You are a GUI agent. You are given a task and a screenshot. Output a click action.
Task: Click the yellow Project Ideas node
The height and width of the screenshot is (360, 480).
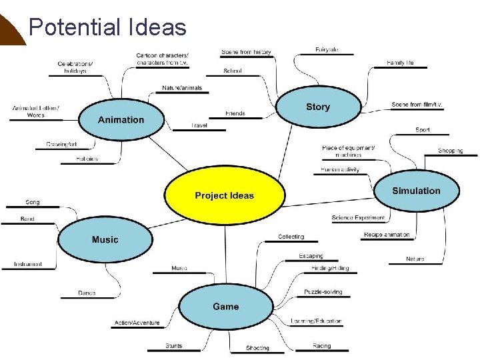pos(224,195)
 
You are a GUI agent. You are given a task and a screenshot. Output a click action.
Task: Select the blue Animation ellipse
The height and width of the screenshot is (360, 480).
pos(121,120)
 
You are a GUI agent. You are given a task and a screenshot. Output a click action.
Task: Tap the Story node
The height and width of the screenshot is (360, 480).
pos(318,107)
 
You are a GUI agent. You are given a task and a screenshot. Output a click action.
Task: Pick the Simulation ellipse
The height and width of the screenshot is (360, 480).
pos(416,191)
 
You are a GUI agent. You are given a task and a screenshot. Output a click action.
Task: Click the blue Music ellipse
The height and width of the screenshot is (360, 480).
pos(105,239)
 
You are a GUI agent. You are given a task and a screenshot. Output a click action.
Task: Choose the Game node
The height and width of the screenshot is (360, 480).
pos(225,307)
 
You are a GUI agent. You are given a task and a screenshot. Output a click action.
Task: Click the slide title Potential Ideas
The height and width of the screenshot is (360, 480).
pos(107,27)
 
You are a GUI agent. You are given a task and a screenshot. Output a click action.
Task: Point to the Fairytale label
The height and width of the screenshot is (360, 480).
pos(327,49)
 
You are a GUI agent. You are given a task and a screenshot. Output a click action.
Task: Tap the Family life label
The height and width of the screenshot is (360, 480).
pos(400,63)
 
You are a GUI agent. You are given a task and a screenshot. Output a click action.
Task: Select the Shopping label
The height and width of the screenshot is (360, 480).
pos(450,151)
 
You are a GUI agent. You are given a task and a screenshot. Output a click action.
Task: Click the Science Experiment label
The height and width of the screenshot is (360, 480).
pos(358,218)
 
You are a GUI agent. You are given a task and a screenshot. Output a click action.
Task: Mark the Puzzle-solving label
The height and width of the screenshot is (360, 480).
pos(323,292)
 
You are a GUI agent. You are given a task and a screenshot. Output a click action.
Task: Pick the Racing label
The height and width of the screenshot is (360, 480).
pos(321,346)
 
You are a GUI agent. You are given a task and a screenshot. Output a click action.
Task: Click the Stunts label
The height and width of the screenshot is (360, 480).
pos(174,346)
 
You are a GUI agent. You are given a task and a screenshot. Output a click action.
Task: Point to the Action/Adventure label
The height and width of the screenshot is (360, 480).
pos(137,323)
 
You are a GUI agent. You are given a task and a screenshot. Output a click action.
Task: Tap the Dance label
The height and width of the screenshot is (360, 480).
pos(87,293)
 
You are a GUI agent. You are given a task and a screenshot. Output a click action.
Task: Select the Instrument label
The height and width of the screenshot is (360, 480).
pos(28,264)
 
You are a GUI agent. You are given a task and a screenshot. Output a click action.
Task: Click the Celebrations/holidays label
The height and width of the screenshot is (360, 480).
pos(75,67)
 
